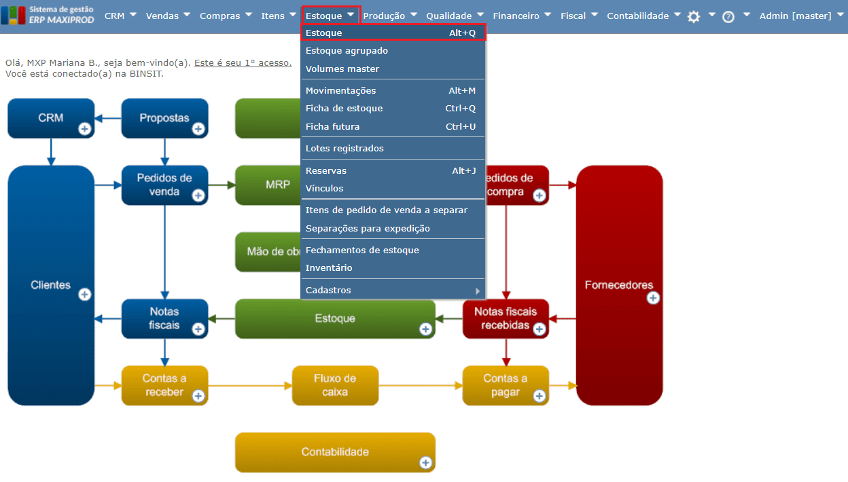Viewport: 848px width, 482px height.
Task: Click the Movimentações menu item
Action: tap(340, 90)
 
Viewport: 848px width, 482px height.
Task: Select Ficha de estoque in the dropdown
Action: tap(344, 109)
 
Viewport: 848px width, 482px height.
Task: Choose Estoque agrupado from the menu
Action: tap(347, 51)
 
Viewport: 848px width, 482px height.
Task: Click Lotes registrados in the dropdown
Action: tap(344, 149)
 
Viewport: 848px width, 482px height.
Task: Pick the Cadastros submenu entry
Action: tap(328, 291)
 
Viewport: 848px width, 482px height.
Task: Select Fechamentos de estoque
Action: tap(362, 251)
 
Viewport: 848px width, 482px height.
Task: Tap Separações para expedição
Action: tap(368, 229)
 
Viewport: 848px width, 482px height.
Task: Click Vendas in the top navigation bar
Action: tap(162, 16)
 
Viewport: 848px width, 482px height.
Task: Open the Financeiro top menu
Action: tap(516, 16)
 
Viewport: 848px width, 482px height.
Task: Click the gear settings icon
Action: tap(694, 17)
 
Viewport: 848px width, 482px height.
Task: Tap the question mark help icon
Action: tap(728, 17)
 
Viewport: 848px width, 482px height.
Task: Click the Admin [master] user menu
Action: tap(795, 16)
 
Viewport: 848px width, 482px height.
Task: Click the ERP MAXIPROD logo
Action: tap(48, 16)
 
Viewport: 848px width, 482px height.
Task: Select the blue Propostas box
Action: tap(164, 118)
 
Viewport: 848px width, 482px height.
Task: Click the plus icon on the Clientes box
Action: tap(85, 294)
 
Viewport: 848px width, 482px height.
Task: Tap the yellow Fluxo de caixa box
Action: tap(335, 385)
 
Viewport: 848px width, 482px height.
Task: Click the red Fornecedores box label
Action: tap(618, 285)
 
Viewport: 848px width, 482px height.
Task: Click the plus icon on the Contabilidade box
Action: tap(425, 462)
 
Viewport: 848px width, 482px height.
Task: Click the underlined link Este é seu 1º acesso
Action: tap(243, 63)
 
